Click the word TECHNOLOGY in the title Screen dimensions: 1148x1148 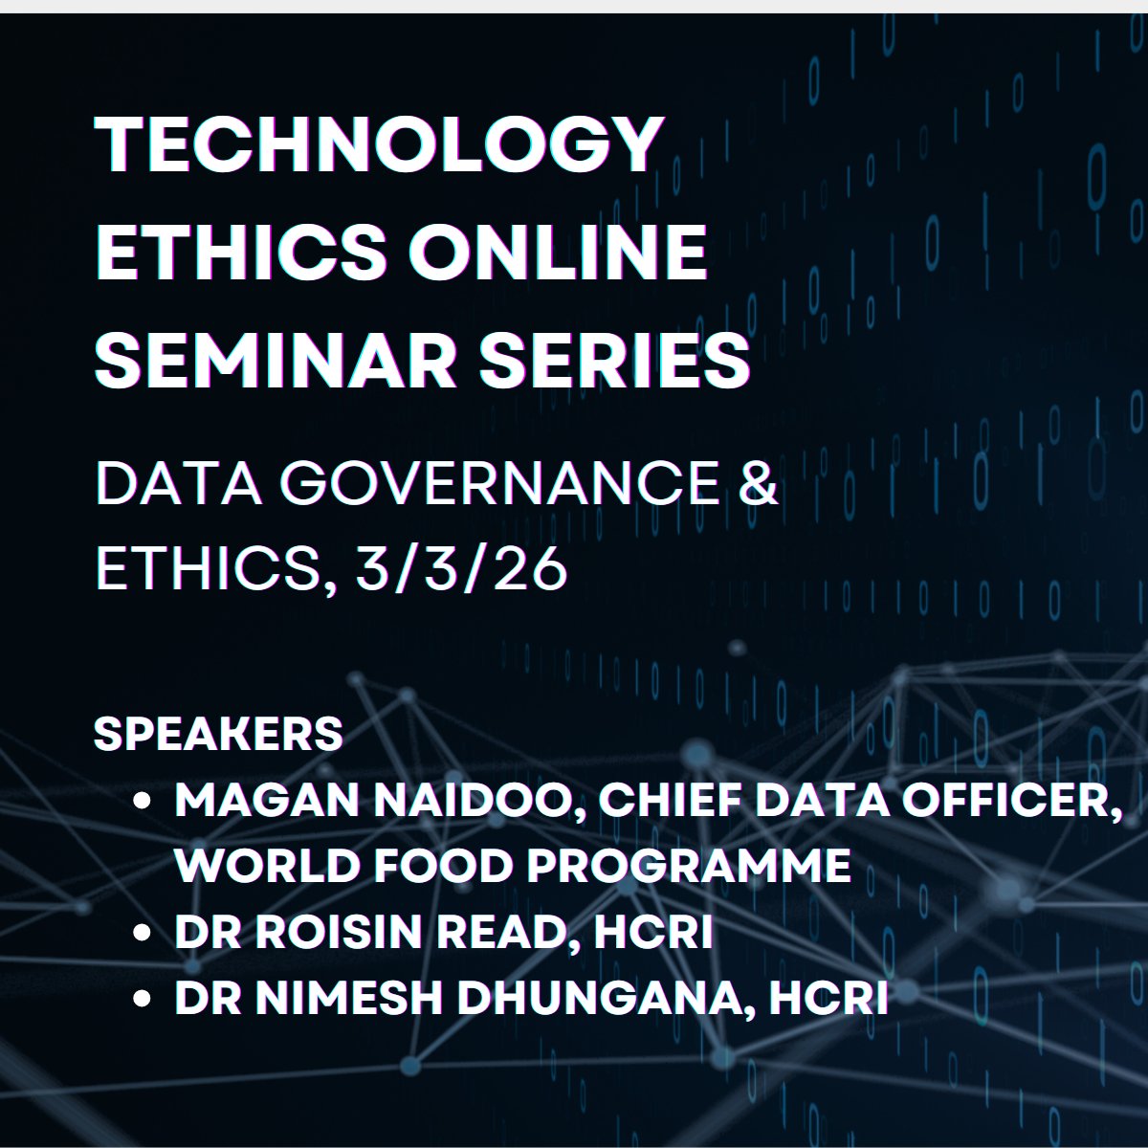click(380, 145)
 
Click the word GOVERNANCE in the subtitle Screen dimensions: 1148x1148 click(499, 486)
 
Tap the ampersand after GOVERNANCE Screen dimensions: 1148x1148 click(760, 486)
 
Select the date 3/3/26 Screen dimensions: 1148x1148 click(461, 570)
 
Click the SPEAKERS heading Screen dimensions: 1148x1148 click(218, 735)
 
